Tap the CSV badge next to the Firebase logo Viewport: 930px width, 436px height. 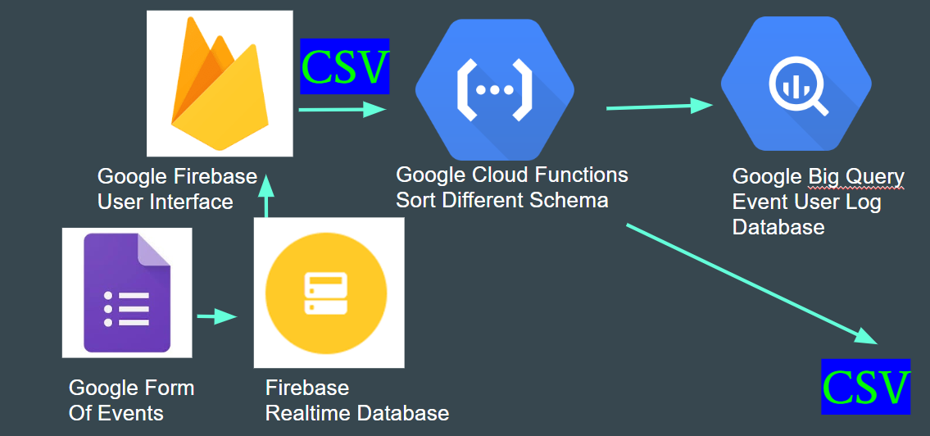(344, 66)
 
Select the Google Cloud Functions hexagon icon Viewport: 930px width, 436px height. (494, 89)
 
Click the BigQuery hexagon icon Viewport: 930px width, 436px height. (796, 84)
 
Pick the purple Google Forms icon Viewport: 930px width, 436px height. (127, 293)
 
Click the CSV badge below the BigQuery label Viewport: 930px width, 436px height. (866, 386)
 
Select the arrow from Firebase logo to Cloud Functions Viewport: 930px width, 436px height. (342, 108)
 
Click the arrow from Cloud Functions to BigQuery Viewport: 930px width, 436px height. (660, 106)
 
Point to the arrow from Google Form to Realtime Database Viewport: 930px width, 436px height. (216, 316)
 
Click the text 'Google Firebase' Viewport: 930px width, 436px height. (177, 176)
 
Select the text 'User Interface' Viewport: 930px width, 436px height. (165, 202)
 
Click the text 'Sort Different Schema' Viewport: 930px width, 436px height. (501, 200)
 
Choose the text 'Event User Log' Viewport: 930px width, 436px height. (806, 202)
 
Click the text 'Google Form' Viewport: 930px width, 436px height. (131, 388)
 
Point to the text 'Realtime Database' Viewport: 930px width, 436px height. (356, 413)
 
